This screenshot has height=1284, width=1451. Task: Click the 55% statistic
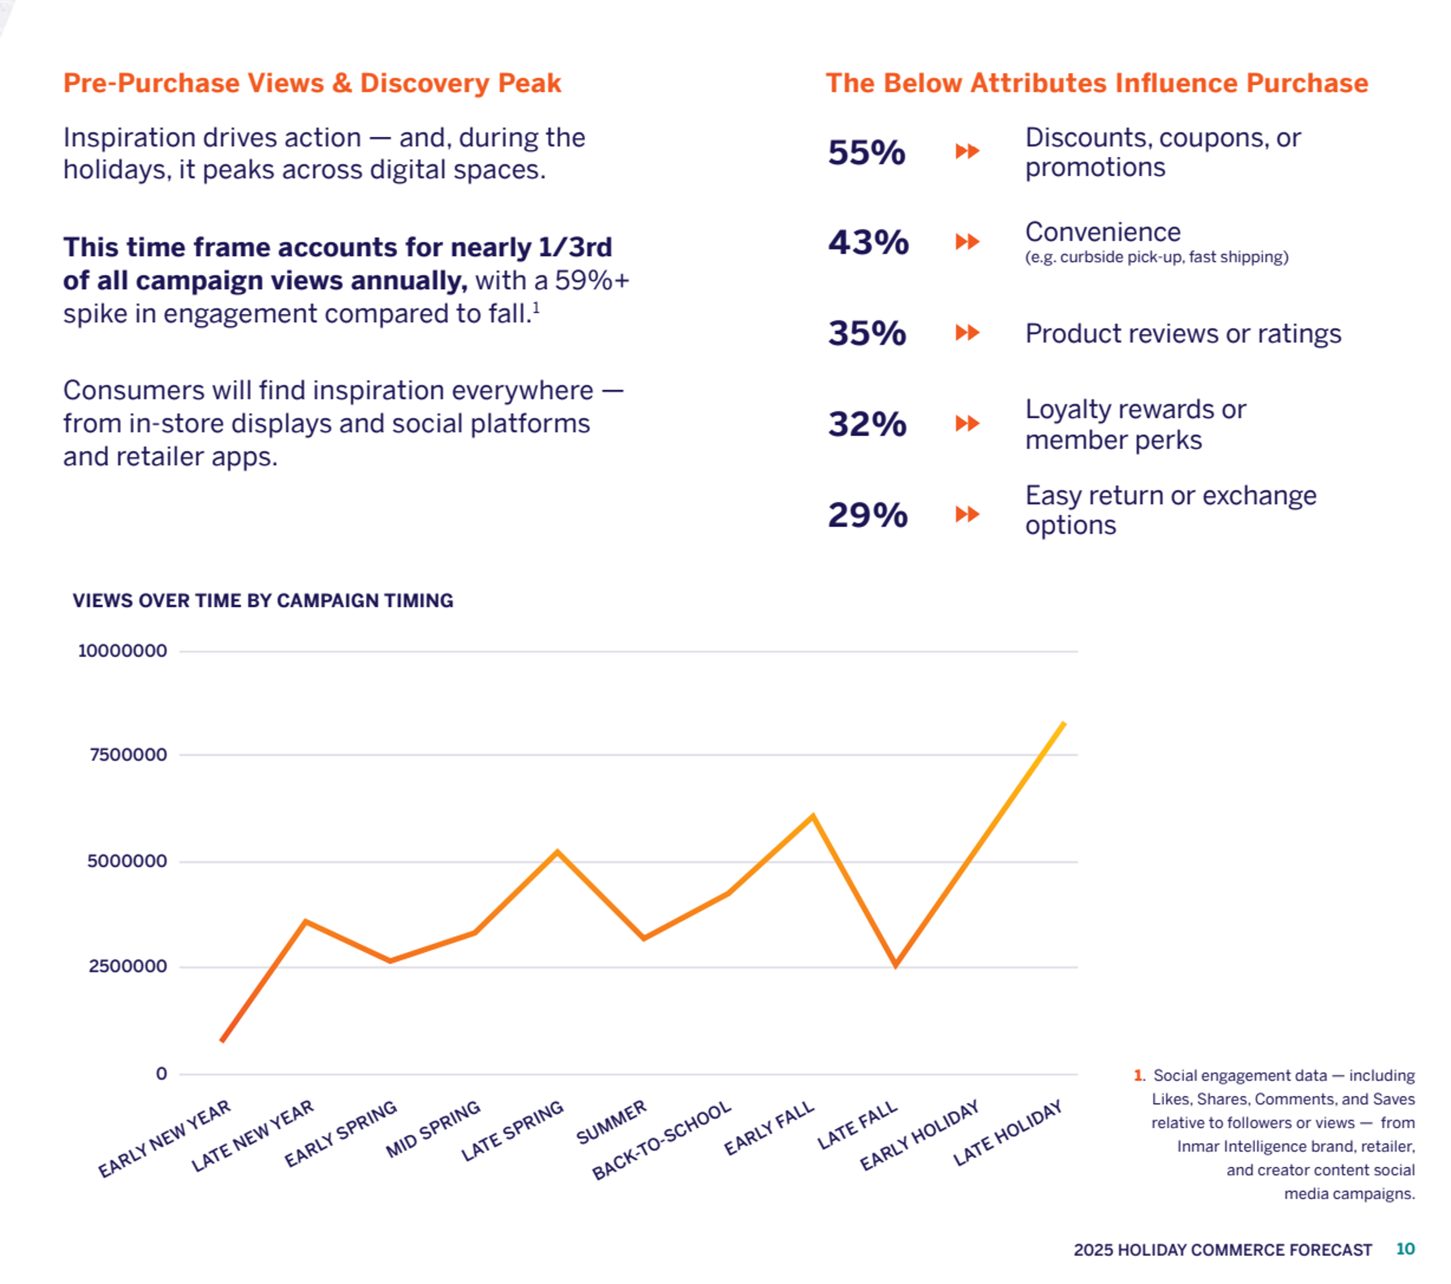(866, 152)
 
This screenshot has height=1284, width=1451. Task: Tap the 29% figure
(867, 514)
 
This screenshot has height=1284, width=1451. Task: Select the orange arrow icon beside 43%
(967, 242)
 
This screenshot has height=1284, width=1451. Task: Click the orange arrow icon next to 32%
(967, 424)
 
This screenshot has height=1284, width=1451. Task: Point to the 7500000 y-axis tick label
(128, 754)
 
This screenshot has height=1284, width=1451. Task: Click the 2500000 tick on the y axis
(128, 966)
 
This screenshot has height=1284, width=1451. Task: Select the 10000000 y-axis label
(122, 651)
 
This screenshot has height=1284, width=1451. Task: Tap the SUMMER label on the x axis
(611, 1122)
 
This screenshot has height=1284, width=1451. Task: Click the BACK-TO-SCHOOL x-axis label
(662, 1140)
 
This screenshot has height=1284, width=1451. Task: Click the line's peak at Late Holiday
(1063, 723)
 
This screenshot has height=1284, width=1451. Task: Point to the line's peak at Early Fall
(813, 816)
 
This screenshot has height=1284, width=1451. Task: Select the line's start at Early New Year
(223, 1041)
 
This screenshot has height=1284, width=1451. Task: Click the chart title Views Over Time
(263, 600)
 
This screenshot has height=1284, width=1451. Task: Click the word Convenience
(1102, 232)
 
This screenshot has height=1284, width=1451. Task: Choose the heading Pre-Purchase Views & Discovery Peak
(313, 83)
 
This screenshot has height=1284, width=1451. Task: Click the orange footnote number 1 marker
(1138, 1075)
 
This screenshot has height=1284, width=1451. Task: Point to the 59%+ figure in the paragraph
(592, 280)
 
